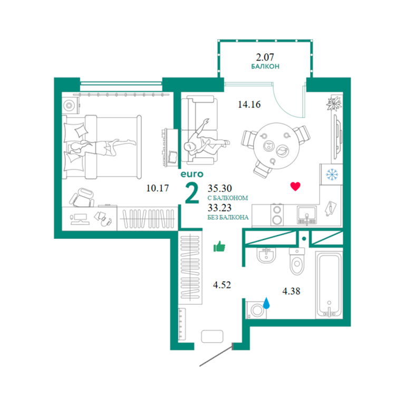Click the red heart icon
click(295, 186)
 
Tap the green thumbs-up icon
click(219, 246)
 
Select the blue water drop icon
click(266, 303)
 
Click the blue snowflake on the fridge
click(332, 175)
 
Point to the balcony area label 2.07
click(265, 57)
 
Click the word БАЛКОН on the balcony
click(265, 66)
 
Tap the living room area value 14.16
click(249, 104)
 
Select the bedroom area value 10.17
click(158, 188)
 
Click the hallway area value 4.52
click(222, 285)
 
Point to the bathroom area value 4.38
click(291, 291)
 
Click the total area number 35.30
click(220, 188)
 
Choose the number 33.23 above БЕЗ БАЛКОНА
click(219, 208)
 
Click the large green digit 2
click(192, 193)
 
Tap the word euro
click(192, 174)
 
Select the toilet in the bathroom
click(297, 261)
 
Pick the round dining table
click(277, 146)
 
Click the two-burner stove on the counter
click(277, 215)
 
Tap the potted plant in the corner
click(334, 103)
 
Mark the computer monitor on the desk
click(79, 218)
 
